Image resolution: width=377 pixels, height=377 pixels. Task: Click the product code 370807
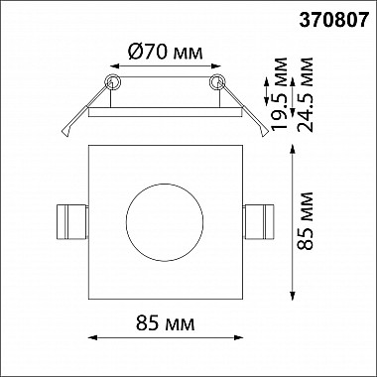click(333, 20)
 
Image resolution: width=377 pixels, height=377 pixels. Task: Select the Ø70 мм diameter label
click(165, 53)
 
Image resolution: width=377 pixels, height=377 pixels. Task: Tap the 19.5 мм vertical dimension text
click(279, 94)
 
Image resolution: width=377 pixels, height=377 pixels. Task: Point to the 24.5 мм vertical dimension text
click(305, 95)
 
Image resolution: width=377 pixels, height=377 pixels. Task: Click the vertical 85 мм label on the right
click(305, 221)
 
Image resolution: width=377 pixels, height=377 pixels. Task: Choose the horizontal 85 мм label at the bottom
click(165, 323)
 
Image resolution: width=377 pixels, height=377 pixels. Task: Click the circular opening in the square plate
click(165, 222)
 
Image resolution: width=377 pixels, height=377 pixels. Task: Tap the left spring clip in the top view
click(72, 221)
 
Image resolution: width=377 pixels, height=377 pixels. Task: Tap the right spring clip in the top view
click(259, 221)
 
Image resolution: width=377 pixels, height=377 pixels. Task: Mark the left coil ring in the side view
click(112, 81)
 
